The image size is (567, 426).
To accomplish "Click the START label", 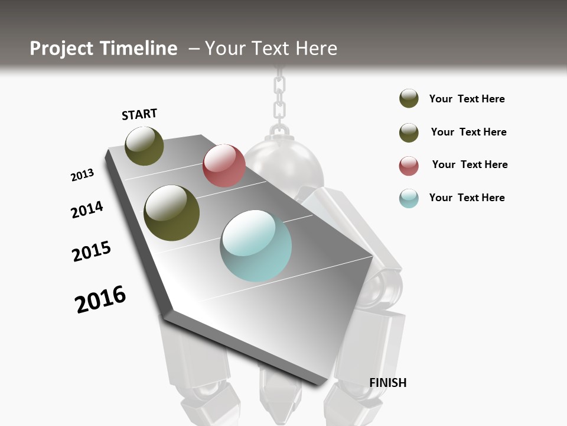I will point(139,114).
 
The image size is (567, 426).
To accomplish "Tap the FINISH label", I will point(387,383).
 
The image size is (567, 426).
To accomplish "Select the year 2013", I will point(82,175).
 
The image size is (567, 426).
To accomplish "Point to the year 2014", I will point(87,209).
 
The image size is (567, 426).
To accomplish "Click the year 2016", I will point(100,299).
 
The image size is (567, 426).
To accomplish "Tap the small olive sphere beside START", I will point(144,146).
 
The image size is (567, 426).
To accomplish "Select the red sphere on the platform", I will point(224,166).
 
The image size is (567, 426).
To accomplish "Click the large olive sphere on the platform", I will point(171,213).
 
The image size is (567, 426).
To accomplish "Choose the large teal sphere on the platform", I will point(256,246).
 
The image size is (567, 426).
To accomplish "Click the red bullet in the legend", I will point(409,166).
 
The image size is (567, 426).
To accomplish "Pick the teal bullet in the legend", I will point(409,198).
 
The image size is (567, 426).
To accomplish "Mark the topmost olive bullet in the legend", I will point(409,99).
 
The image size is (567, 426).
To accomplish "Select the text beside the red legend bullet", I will point(470,164).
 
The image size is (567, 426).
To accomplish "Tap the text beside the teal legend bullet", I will point(467,198).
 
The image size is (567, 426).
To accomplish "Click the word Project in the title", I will point(62,49).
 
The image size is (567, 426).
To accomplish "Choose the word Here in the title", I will point(316,49).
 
